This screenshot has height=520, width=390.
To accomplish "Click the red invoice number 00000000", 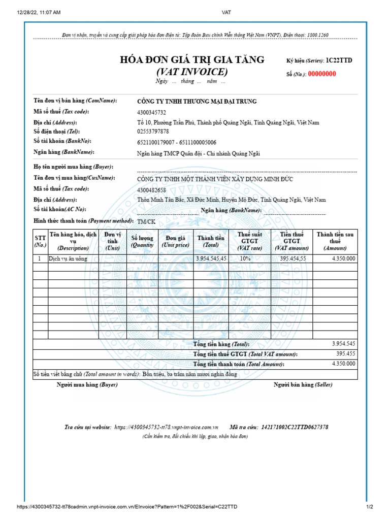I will (x=319, y=74).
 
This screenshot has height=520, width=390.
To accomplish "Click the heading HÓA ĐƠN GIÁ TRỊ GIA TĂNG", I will (x=192, y=60).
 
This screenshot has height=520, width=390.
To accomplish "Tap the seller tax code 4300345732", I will (x=151, y=113).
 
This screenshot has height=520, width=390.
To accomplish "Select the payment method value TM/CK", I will (x=146, y=222).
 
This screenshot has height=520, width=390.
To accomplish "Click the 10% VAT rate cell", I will (x=245, y=258).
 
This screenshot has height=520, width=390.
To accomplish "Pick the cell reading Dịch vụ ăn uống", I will (x=68, y=258).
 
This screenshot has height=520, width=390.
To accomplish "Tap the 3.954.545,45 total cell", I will (x=211, y=258).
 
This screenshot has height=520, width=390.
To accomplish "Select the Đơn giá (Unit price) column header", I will (x=175, y=241).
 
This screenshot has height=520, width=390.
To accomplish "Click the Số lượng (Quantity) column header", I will (x=142, y=241).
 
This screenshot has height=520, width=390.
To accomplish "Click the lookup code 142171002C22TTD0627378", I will (x=295, y=427).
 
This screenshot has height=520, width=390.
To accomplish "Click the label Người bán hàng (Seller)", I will (x=303, y=385).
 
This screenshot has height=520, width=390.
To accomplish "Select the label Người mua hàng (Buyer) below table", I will (x=87, y=385).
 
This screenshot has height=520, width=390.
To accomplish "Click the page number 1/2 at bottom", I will (x=370, y=507).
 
